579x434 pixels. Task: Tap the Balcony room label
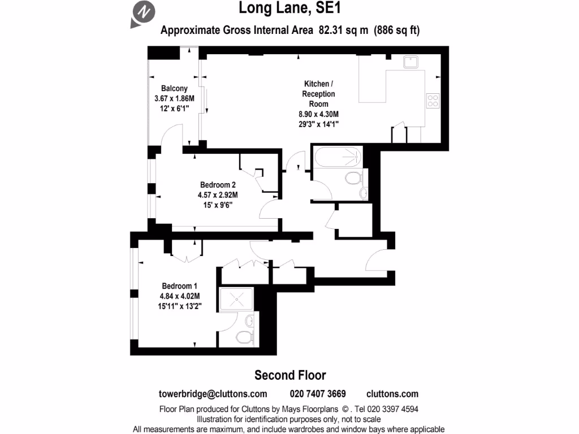[x=174, y=89]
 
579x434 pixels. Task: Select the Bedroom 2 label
[x=218, y=185]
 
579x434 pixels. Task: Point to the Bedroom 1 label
[x=181, y=285]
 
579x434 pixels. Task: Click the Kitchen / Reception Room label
[x=318, y=94]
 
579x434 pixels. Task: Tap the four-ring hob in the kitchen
[x=433, y=101]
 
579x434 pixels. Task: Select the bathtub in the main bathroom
[x=338, y=157]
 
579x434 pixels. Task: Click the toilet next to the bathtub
[x=353, y=179]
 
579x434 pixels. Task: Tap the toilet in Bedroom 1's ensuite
[x=244, y=337]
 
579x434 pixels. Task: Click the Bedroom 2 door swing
[x=269, y=209]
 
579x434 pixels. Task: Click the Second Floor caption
[x=290, y=375]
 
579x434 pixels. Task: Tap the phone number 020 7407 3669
[x=318, y=394]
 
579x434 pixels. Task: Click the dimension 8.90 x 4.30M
[x=318, y=114]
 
